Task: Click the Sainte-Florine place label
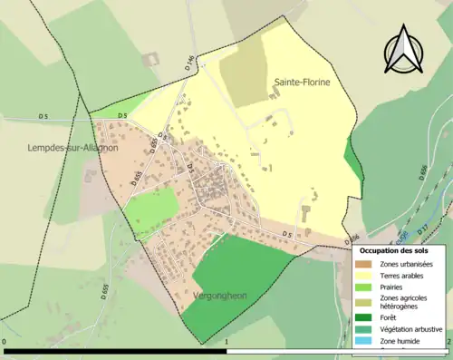pyautogui.click(x=302, y=83)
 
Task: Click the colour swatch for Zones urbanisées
pyautogui.click(x=367, y=263)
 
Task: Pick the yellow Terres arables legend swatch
pyautogui.click(x=367, y=276)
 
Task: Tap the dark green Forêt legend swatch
pyautogui.click(x=367, y=317)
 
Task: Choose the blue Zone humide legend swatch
pyautogui.click(x=367, y=341)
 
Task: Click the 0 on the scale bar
pyautogui.click(x=5, y=343)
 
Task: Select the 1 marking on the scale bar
pyautogui.click(x=226, y=343)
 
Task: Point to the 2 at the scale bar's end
pyautogui.click(x=448, y=343)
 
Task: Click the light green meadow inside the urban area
pyautogui.click(x=151, y=211)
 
